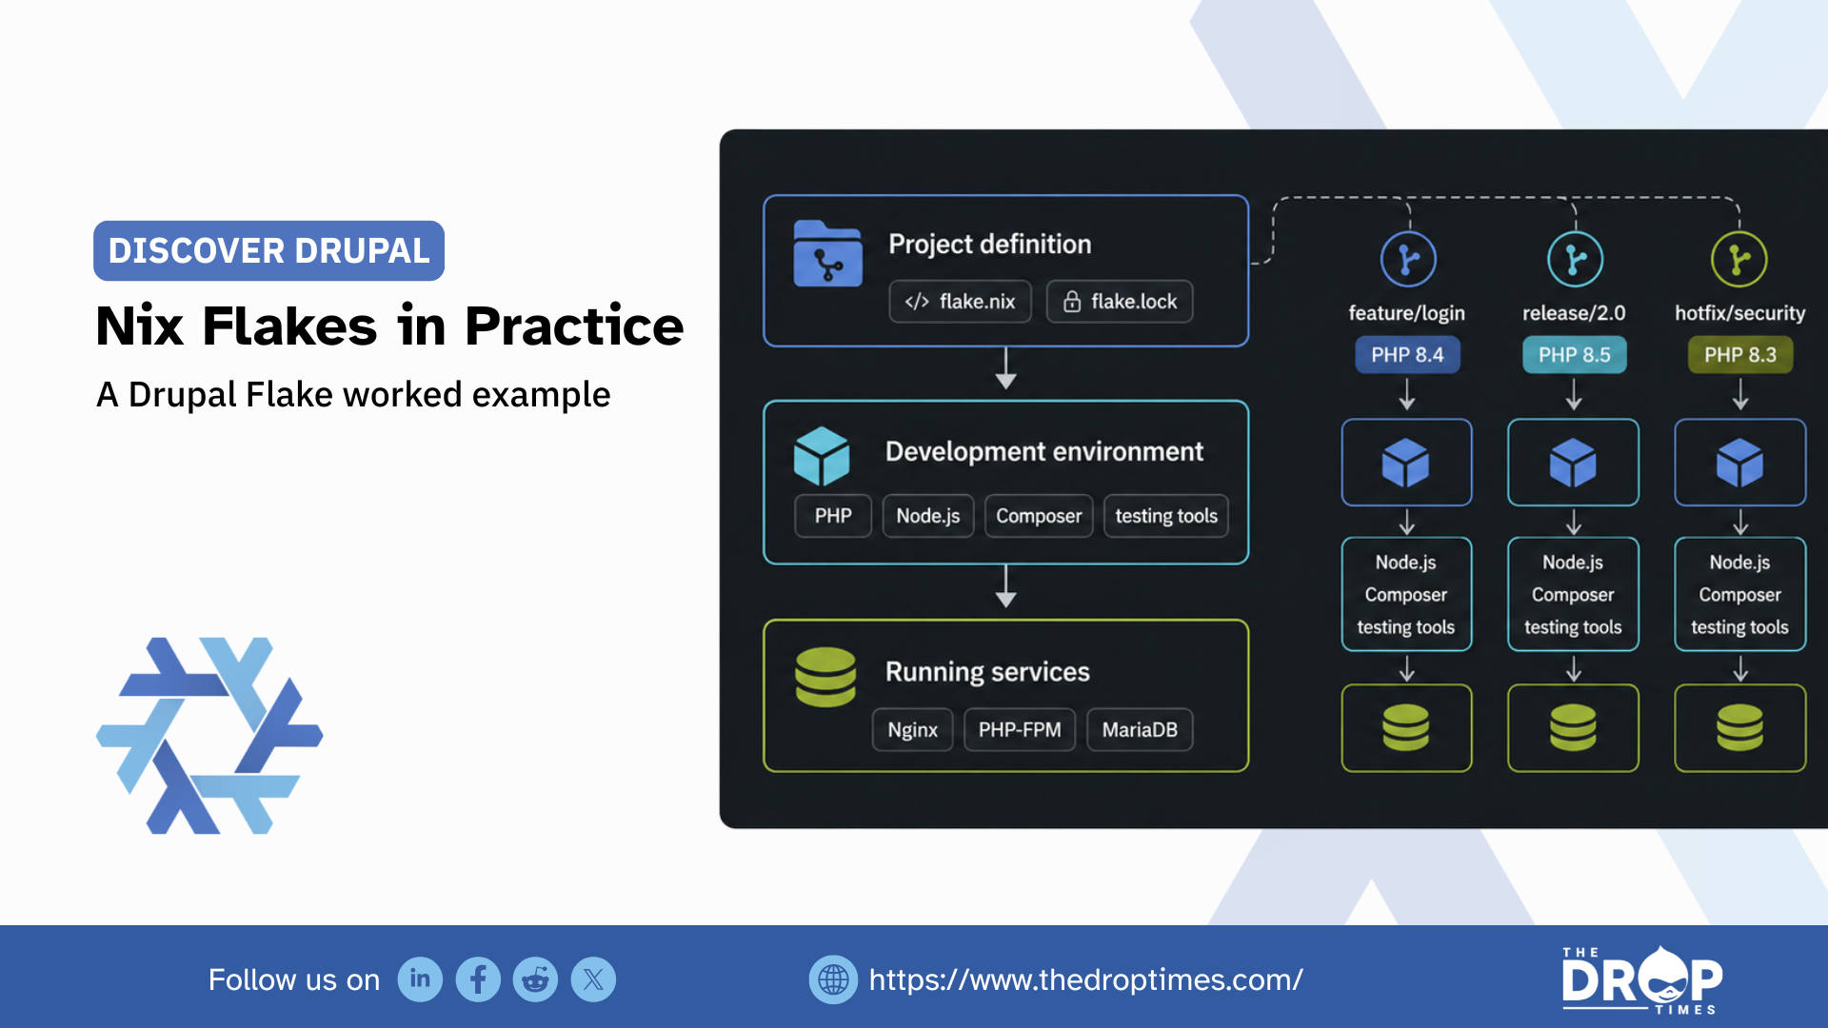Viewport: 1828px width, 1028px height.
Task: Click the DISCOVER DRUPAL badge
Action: [268, 251]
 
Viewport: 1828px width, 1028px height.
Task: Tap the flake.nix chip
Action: [960, 302]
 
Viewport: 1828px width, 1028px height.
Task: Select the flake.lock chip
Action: [1120, 302]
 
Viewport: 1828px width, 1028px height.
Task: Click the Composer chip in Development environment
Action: [1039, 516]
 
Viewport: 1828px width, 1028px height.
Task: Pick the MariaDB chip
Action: [1140, 730]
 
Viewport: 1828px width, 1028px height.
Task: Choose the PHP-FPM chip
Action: [1020, 730]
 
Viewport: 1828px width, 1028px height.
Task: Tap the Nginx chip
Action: [912, 730]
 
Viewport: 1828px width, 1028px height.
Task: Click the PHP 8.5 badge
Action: [1575, 355]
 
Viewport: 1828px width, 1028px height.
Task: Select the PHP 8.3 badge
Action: [1740, 355]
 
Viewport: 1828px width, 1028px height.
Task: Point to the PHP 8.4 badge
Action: [1407, 355]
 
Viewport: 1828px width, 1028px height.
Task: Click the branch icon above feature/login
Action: [1408, 259]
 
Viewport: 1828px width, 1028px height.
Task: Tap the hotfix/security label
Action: [1740, 313]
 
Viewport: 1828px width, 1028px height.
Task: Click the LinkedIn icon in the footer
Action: [420, 979]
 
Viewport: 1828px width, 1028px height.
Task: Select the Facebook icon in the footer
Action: [478, 979]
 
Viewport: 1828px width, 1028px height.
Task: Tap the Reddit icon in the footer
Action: [536, 979]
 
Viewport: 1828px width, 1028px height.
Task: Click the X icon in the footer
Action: [593, 979]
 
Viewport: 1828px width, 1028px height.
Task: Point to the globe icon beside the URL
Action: [833, 979]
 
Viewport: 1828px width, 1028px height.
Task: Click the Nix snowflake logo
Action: [209, 736]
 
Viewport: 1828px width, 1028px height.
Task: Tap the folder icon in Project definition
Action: [827, 253]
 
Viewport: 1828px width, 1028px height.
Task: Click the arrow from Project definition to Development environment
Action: [1006, 368]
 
